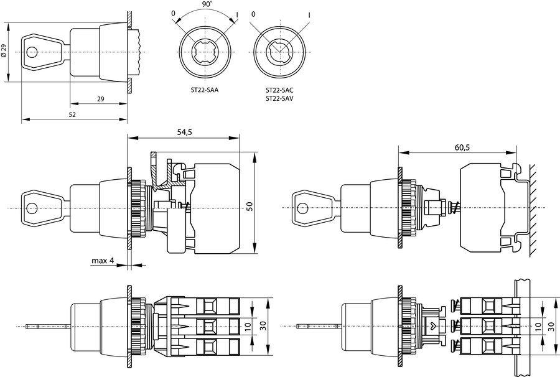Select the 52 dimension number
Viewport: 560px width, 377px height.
pos(72,114)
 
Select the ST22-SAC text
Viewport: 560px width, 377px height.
pos(279,90)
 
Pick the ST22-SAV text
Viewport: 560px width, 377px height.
pos(279,98)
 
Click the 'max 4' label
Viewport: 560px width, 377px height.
pos(103,261)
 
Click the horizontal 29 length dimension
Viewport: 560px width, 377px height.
pos(100,98)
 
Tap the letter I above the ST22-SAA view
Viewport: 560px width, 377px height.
pos(237,14)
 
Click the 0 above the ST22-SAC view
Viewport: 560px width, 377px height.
pos(253,14)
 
